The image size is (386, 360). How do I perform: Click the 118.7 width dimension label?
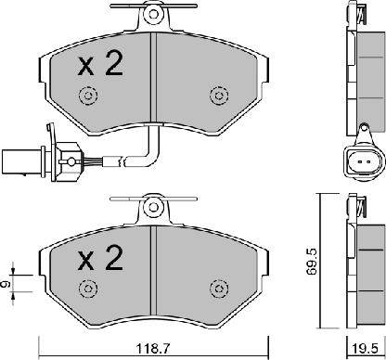point(153,349)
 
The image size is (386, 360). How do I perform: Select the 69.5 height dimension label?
point(312,264)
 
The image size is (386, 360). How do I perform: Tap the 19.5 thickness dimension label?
point(366,349)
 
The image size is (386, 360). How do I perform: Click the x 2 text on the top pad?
point(100,64)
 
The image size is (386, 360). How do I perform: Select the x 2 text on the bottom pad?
point(100,258)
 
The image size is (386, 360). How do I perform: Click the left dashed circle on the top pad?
point(88,95)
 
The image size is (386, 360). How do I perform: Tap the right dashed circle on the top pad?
point(219,96)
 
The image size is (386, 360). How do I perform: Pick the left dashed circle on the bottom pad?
point(88,289)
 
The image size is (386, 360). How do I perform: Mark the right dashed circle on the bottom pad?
point(219,289)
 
